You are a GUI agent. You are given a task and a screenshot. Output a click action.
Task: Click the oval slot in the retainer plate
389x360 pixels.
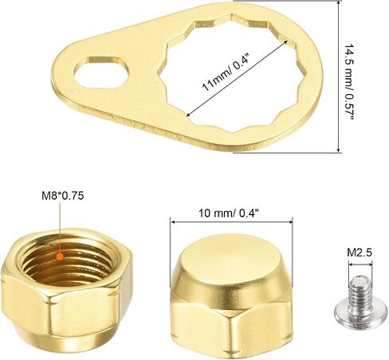(101, 72)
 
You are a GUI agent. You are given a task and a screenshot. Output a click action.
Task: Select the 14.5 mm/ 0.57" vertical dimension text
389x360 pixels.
(349, 81)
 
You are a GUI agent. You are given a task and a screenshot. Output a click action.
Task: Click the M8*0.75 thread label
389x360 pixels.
(63, 196)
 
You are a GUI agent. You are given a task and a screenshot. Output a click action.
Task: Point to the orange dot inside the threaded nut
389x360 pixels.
(61, 256)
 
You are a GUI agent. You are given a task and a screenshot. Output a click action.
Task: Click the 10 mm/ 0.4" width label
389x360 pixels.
(229, 213)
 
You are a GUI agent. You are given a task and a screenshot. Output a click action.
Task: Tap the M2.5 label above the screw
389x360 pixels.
(360, 252)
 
